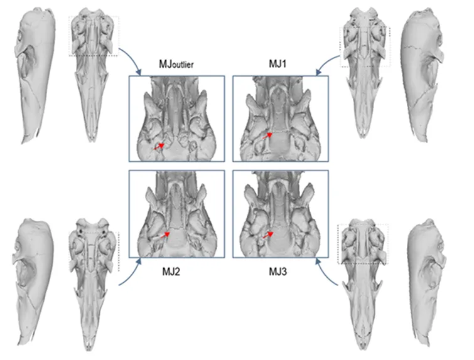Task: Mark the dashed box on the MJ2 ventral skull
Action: (x=94, y=251)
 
